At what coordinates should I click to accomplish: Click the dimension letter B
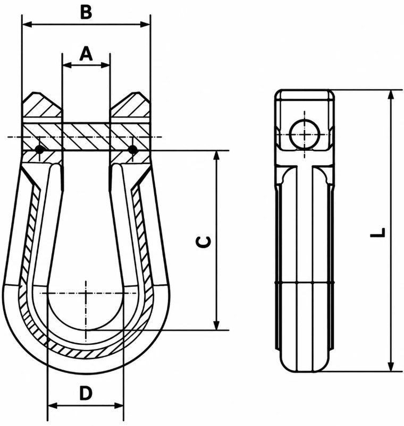point(86,12)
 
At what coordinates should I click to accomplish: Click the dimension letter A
point(86,54)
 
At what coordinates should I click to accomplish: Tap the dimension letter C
point(203,242)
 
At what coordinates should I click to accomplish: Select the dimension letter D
point(86,393)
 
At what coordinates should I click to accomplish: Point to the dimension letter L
point(378,232)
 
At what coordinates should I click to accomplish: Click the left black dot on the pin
point(40,149)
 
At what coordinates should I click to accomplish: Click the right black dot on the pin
point(132,149)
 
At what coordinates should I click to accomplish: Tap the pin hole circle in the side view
point(305,134)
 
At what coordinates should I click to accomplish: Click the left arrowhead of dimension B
point(27,24)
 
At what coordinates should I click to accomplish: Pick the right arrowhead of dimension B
point(145,24)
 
